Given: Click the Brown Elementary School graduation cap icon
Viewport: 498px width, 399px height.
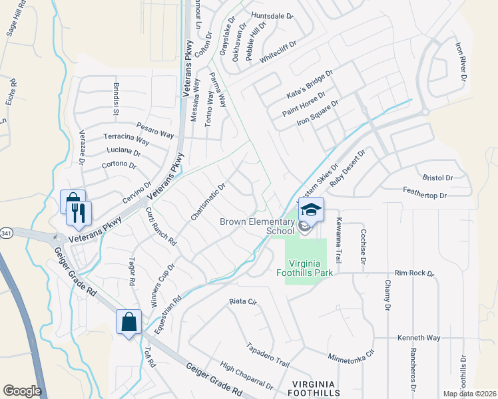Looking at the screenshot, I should point(311,209).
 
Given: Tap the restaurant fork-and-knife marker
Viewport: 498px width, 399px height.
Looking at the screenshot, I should point(81,213).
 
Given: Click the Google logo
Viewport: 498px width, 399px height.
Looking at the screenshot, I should point(22,391).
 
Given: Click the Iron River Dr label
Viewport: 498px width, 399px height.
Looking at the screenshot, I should point(460,63).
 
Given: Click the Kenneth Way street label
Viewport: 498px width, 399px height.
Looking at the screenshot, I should point(419,338).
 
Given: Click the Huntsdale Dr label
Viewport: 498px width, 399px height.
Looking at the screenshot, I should point(272,15).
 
